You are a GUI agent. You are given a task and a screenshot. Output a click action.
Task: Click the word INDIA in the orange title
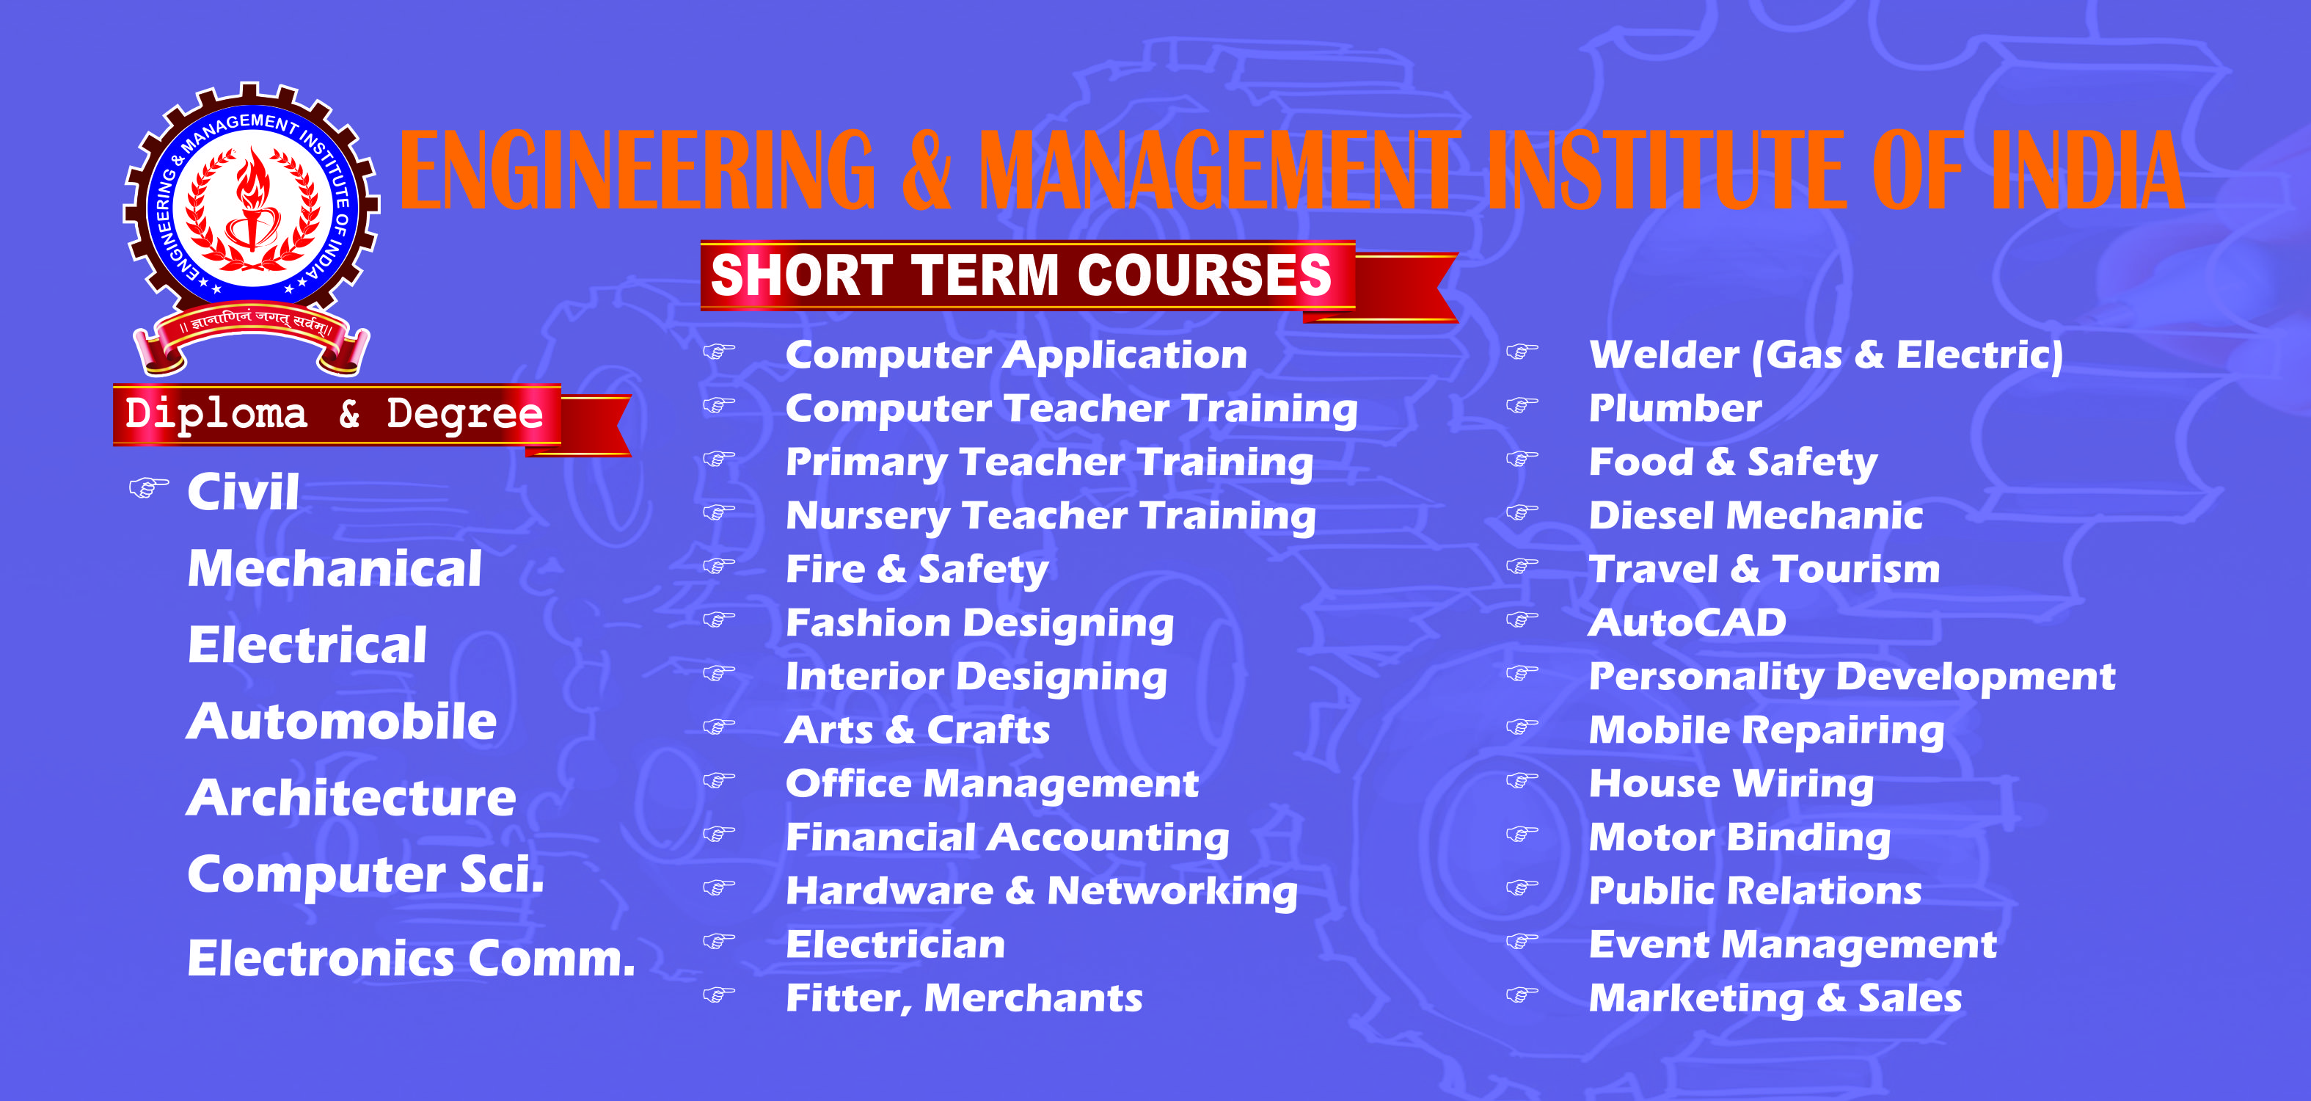(2087, 170)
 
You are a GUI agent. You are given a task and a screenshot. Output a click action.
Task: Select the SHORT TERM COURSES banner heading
(1021, 275)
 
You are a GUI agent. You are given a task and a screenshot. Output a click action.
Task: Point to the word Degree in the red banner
(464, 415)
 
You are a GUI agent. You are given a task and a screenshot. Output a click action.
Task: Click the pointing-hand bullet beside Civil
(148, 489)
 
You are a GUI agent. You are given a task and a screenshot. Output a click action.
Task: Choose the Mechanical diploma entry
(335, 569)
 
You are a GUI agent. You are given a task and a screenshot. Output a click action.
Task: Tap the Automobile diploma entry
(342, 722)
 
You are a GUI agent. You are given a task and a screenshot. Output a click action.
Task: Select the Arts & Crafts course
(918, 730)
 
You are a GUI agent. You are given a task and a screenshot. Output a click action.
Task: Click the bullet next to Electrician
(718, 941)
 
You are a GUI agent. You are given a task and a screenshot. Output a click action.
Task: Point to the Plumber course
(1675, 408)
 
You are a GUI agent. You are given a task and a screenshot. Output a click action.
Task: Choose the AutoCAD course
(1687, 622)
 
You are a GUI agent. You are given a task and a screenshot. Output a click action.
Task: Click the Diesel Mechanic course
(1756, 516)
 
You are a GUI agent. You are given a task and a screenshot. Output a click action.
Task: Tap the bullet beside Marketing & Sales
(1522, 995)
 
